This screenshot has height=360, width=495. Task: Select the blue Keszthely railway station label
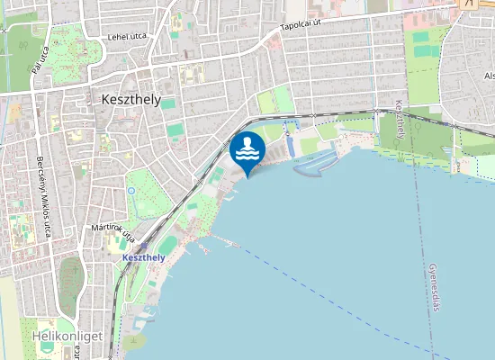tap(142, 257)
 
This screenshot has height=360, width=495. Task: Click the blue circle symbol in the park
tap(131, 190)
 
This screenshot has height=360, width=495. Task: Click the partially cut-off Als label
tap(489, 76)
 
